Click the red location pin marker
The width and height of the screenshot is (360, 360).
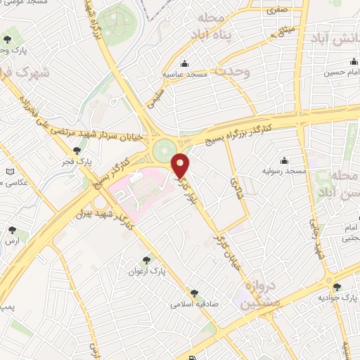181,165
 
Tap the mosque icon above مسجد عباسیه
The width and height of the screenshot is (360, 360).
184,63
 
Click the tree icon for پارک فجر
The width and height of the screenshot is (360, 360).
77,150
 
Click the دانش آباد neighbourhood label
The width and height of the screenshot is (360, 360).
335,40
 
